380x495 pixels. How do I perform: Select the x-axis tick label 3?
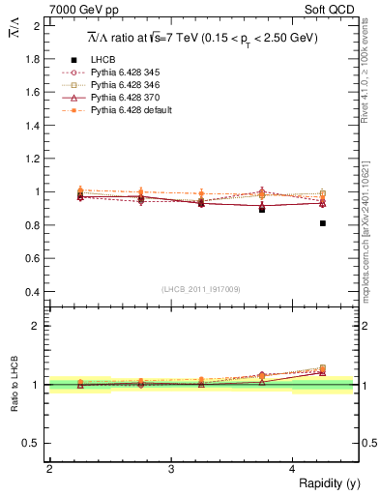coord(171,468)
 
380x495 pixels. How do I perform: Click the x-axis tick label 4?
coord(293,468)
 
